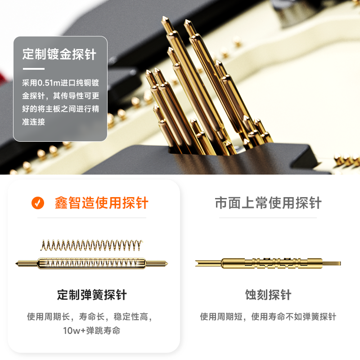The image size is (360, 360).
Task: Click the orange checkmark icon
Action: (38, 203)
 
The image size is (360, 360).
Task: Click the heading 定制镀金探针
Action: (59, 54)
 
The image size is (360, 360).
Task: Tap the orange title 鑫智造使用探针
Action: (102, 203)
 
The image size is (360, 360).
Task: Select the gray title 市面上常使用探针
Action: (268, 203)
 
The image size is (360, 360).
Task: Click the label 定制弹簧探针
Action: (92, 295)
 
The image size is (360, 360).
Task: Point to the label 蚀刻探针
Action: (268, 295)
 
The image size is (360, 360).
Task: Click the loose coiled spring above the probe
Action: (92, 245)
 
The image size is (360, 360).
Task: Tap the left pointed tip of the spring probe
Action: (16, 264)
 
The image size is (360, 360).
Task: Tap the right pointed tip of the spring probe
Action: (167, 264)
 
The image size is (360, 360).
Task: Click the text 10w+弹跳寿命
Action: (92, 331)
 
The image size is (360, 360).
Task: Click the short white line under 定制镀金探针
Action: (33, 69)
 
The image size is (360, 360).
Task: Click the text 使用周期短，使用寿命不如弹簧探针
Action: (268, 317)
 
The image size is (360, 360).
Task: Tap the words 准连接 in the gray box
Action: (33, 121)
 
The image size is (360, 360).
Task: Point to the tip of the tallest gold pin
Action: (164, 17)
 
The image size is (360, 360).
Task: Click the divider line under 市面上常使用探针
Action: (268, 218)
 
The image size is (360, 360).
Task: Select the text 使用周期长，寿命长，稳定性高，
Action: (90, 317)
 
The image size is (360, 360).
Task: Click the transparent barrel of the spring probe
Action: (92, 263)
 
